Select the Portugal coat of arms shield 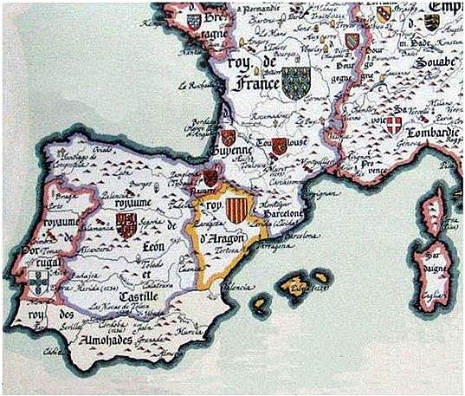[x=36, y=280]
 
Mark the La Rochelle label [x=197, y=86]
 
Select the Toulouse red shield [x=279, y=146]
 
